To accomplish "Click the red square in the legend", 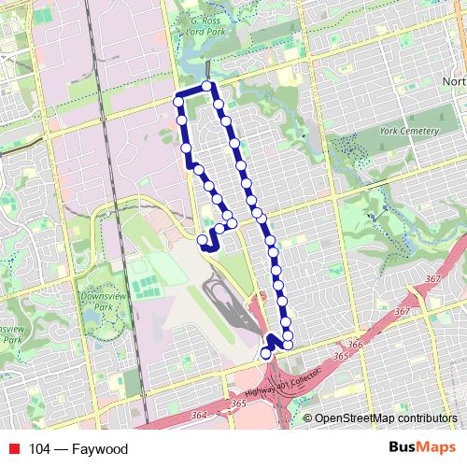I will coord(12,449).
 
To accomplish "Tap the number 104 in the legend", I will coord(40,449).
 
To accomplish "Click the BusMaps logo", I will coord(422,448).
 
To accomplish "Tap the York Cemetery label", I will coord(408,132).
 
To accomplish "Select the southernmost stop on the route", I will coord(265,354).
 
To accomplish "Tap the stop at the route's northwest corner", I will coord(178,100).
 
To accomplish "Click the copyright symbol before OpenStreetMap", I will coord(308,419).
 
